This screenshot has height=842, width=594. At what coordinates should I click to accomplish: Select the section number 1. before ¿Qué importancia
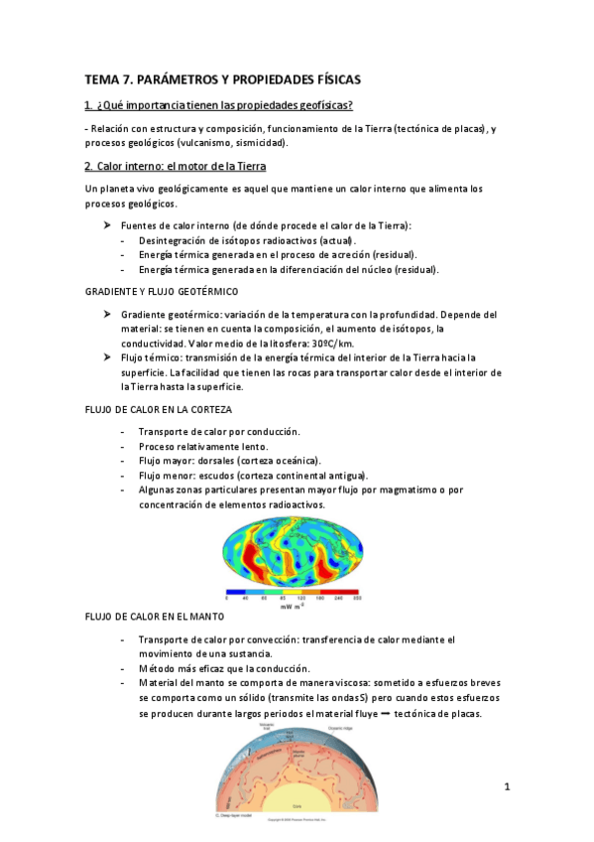click(89, 106)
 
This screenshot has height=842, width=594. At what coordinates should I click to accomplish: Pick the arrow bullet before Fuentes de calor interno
click(107, 225)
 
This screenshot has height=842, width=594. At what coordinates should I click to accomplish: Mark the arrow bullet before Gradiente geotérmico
click(107, 314)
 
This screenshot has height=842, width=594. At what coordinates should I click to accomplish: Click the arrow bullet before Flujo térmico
click(107, 357)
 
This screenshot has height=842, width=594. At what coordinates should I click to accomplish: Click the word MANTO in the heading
click(197, 617)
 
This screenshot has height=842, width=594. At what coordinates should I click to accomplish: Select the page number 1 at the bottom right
click(507, 787)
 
